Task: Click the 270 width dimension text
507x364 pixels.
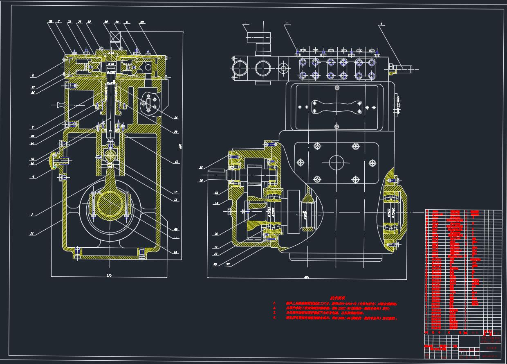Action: click(109, 276)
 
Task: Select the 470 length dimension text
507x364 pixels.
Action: click(307, 278)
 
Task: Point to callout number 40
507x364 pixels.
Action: click(177, 162)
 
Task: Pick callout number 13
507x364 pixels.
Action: click(176, 192)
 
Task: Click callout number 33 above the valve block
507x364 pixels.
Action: click(287, 23)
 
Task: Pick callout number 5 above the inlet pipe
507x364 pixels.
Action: click(245, 23)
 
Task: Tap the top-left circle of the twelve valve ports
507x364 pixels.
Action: click(303, 62)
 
